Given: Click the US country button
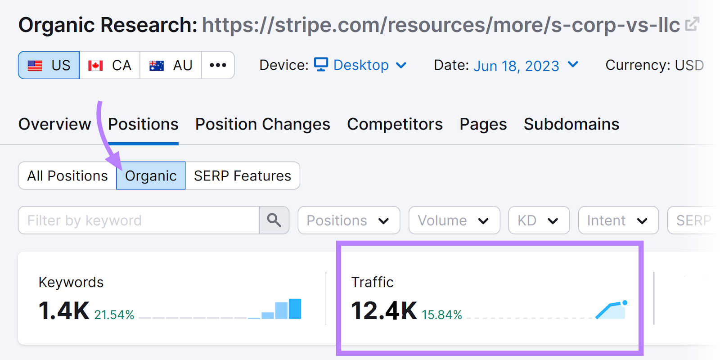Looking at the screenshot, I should pyautogui.click(x=49, y=65).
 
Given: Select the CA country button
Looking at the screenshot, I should pyautogui.click(x=110, y=65).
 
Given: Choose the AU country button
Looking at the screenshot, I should pyautogui.click(x=171, y=65).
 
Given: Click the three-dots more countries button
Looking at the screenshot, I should pyautogui.click(x=218, y=65).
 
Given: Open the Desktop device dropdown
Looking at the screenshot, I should pyautogui.click(x=360, y=65).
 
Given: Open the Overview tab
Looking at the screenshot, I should pyautogui.click(x=54, y=124).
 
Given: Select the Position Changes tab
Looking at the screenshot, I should pyautogui.click(x=262, y=124).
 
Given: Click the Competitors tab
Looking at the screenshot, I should pyautogui.click(x=395, y=124).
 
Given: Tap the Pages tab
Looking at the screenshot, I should pyautogui.click(x=483, y=124).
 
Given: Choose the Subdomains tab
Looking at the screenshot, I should pyautogui.click(x=571, y=124).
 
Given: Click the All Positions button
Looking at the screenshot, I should pyautogui.click(x=67, y=175).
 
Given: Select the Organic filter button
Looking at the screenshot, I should pyautogui.click(x=151, y=175).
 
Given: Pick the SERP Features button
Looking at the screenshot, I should pyautogui.click(x=243, y=175).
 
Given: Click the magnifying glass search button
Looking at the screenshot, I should pyautogui.click(x=274, y=220).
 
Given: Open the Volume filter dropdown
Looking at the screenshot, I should pyautogui.click(x=454, y=220).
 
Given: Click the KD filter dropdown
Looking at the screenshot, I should pyautogui.click(x=539, y=220).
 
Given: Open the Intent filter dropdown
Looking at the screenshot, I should pyautogui.click(x=618, y=220).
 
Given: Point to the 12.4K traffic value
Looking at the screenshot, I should pyautogui.click(x=384, y=310).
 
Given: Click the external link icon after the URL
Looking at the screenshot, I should pyautogui.click(x=692, y=24).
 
